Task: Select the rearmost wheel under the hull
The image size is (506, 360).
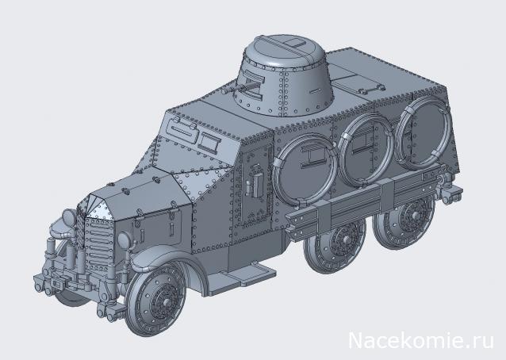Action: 411,215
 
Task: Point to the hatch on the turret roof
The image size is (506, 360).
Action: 294,43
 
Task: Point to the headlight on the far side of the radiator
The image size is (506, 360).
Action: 68,216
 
